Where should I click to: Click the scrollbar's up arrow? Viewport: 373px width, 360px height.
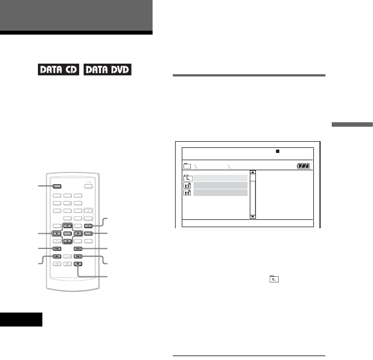point(253,173)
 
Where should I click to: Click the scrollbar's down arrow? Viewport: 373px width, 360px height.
point(253,215)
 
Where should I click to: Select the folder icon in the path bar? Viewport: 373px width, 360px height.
point(187,166)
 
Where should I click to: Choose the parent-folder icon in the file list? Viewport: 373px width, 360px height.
point(187,177)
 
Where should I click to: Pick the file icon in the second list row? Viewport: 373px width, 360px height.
point(187,185)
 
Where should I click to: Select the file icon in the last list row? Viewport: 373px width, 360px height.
point(187,193)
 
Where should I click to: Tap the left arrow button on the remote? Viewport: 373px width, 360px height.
point(57,233)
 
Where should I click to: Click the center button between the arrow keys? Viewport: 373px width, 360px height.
point(66,233)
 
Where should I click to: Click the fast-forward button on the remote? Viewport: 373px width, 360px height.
point(79,257)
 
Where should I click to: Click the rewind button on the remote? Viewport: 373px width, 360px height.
point(57,257)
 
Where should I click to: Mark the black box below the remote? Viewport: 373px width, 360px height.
point(21,319)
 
